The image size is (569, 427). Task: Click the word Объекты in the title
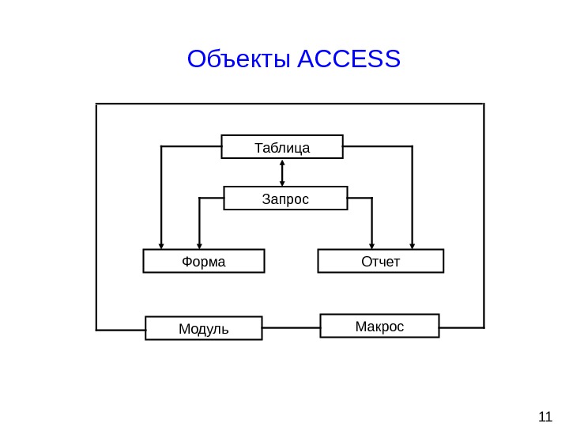239,59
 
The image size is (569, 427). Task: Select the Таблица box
282,147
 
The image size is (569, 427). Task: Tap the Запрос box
285,198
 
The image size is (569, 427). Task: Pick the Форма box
204,261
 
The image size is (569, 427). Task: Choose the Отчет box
381,261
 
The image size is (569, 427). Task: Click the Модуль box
204,328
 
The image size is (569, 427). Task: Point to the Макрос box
379,326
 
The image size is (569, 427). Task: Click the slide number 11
545,417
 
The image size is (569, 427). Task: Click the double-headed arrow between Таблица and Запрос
282,172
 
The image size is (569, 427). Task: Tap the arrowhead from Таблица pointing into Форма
161,246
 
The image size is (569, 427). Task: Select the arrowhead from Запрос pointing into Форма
199,246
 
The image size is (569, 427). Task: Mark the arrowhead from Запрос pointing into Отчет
372,246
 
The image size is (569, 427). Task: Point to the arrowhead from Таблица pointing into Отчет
413,246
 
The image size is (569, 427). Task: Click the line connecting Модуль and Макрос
291,327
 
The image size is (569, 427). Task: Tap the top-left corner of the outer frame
96,104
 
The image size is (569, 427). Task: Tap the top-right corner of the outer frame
484,104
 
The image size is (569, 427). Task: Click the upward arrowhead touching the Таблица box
282,162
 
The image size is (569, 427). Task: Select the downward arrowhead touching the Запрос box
282,183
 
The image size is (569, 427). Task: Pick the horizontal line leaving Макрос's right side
462,327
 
